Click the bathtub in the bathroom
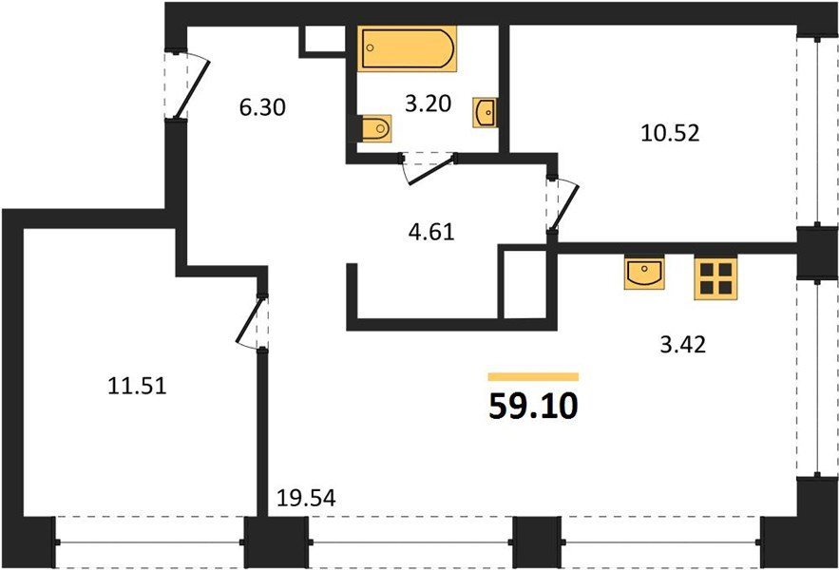tap(408, 48)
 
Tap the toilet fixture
tap(376, 128)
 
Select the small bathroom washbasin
tap(485, 112)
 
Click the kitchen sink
tap(644, 273)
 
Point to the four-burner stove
tap(715, 277)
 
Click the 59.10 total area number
tap(533, 407)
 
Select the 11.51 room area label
tap(137, 386)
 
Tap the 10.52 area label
tap(670, 133)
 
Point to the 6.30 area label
tap(262, 107)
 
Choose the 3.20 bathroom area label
tap(429, 104)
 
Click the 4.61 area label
tap(430, 233)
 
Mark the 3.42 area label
tap(683, 345)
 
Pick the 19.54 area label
tap(306, 499)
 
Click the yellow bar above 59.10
tap(533, 377)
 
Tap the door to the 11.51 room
tap(251, 321)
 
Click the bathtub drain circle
tap(370, 48)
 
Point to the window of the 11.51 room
tap(150, 542)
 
